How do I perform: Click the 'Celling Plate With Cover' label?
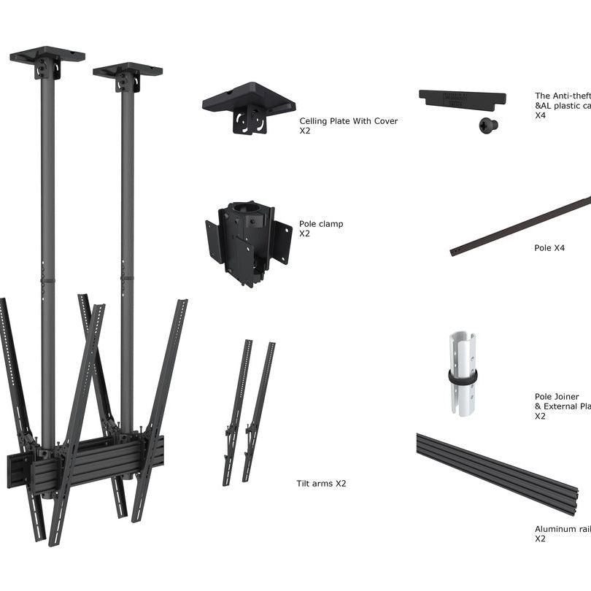point(348,121)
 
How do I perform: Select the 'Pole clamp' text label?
point(320,224)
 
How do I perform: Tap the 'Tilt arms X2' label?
point(321,484)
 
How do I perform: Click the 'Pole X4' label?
point(549,248)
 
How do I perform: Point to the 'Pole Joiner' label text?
point(557,397)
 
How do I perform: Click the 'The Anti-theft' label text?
point(563,96)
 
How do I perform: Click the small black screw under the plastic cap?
point(488,125)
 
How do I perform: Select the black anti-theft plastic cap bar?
point(461,98)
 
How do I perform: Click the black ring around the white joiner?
point(463,377)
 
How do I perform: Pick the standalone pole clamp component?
point(248,242)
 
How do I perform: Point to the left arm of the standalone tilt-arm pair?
point(237,412)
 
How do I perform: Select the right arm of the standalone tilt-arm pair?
point(259,412)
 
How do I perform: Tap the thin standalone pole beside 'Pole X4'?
point(522,225)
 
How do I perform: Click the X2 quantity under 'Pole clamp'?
point(305,234)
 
